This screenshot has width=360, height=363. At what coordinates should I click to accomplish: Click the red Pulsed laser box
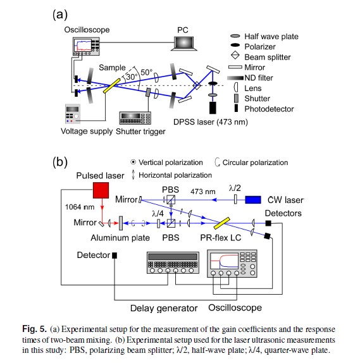pos(101,190)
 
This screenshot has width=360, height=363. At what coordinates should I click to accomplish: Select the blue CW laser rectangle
pos(253,200)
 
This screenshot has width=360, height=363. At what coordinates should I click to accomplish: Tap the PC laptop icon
pos(184,43)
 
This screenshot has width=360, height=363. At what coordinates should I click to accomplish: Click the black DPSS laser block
pos(213,108)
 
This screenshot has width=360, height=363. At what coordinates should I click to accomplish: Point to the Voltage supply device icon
pos(73,114)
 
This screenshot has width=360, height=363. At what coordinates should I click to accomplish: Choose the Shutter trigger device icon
pos(135,118)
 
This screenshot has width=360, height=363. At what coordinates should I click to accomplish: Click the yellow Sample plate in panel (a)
pos(112,85)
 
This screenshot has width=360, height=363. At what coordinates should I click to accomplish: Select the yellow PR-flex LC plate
pos(221,223)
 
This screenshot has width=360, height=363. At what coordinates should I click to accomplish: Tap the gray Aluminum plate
pos(120,223)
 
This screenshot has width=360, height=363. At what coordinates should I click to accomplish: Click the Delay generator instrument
pos(173,262)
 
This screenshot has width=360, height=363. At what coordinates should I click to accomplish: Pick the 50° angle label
pos(147,72)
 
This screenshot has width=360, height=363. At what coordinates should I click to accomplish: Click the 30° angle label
pos(131,77)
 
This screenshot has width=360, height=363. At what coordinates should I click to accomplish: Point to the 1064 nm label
pos(80,207)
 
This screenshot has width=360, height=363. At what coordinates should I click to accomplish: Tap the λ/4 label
pos(158,214)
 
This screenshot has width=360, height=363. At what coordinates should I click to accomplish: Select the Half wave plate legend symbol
pos(235,36)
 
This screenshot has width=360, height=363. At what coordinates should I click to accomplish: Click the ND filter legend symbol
pos(235,78)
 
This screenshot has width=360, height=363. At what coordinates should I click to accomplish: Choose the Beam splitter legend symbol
pos(235,55)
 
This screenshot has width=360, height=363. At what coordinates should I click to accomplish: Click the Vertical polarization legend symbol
pos(133,162)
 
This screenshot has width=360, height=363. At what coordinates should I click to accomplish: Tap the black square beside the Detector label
pos(115,255)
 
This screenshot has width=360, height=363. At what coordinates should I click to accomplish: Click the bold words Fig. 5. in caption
pos(35,329)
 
